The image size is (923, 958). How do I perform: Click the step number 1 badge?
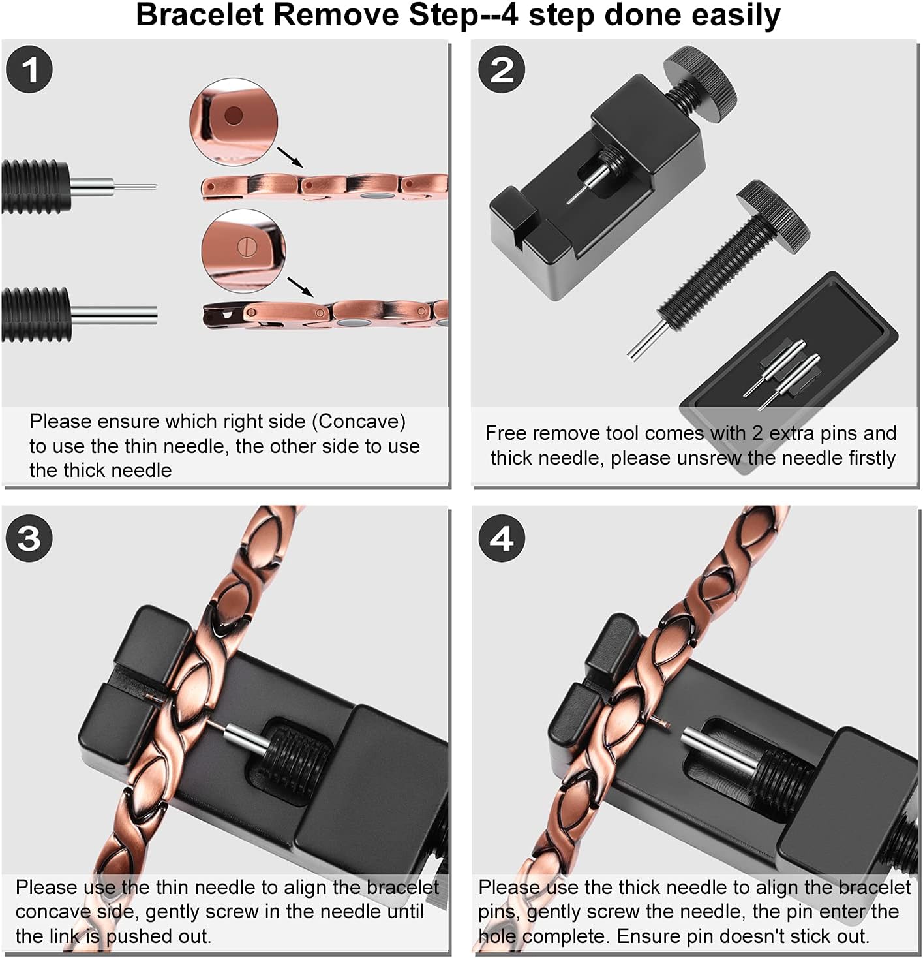tap(29, 69)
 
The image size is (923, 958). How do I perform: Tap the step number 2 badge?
tap(502, 69)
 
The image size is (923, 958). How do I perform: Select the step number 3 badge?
tap(29, 538)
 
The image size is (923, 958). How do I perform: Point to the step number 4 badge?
tap(502, 538)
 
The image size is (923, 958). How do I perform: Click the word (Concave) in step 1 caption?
tap(361, 422)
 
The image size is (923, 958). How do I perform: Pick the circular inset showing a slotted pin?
tap(243, 251)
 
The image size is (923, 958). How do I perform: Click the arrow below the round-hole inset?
tap(290, 157)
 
